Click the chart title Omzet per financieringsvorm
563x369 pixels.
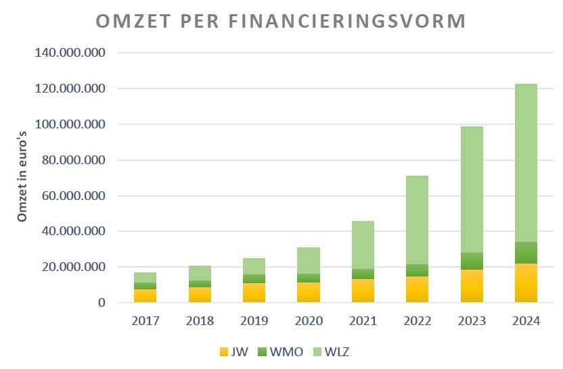[x=281, y=21]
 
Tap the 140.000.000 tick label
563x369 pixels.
[x=68, y=53]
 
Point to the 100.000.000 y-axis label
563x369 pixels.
[x=68, y=124]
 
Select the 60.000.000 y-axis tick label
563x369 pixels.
[x=72, y=196]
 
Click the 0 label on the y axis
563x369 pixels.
[x=102, y=303]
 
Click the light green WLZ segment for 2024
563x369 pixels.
[x=526, y=162]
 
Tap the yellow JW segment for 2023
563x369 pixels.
[x=472, y=286]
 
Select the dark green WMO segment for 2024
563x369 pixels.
[x=526, y=253]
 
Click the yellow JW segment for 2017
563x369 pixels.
[x=145, y=296]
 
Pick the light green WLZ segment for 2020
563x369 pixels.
[x=309, y=260]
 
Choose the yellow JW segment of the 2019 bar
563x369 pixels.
[x=254, y=293]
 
